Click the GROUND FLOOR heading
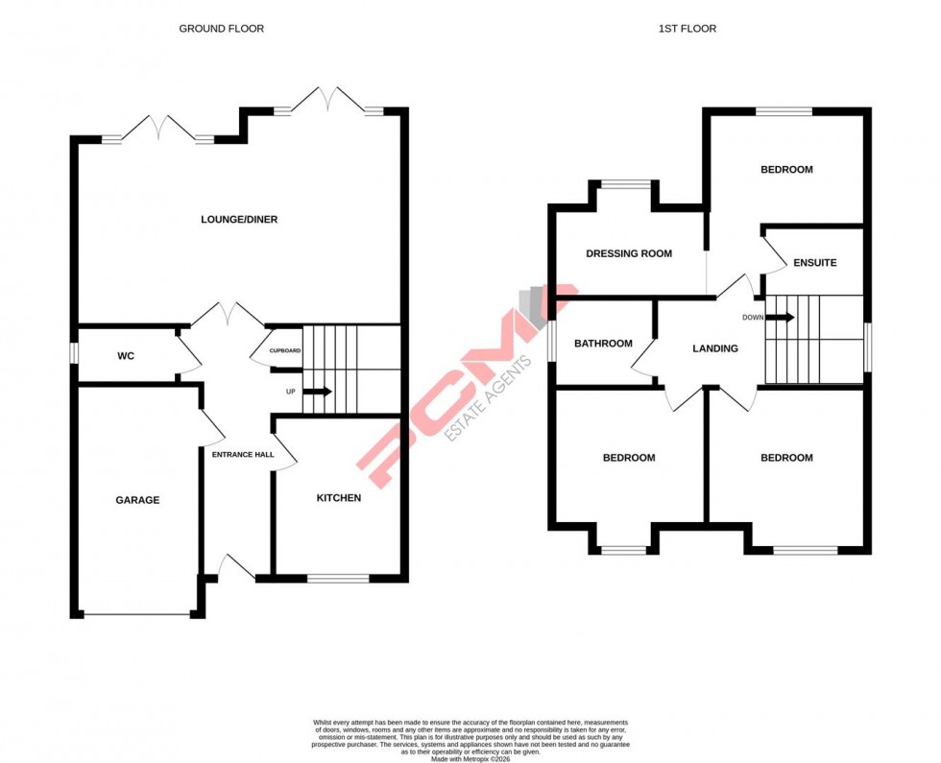221,29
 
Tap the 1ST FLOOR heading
687,29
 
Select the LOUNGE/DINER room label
239,220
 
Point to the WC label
126,356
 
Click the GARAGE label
137,500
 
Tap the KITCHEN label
339,498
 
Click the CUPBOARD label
285,350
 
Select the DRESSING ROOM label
629,254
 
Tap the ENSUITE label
814,262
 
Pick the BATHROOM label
603,344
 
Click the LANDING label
715,348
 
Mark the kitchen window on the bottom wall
338,579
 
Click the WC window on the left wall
73,354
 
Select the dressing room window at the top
625,184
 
